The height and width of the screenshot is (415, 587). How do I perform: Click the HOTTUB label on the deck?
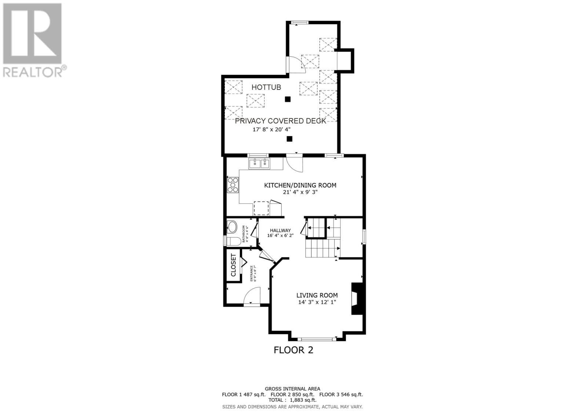[x=266, y=87]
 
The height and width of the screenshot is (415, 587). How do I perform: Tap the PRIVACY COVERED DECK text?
[x=280, y=121]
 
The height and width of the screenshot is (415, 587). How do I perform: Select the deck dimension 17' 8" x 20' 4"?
[x=272, y=130]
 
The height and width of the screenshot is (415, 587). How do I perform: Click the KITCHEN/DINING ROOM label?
[x=300, y=185]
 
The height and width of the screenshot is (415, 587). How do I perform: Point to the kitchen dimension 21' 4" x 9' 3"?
[x=300, y=192]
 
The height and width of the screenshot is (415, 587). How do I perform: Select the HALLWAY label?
[x=280, y=230]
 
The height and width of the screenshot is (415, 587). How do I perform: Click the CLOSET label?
[x=233, y=265]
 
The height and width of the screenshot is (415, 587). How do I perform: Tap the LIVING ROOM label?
[x=317, y=295]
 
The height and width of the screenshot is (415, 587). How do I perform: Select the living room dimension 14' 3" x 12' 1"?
[x=317, y=302]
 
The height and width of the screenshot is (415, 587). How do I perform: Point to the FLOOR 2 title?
[x=293, y=350]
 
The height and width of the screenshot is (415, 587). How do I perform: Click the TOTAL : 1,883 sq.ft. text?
[x=292, y=400]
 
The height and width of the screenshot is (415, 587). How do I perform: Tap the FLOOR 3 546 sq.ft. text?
[x=341, y=395]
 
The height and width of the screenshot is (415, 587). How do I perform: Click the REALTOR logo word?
[x=33, y=72]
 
